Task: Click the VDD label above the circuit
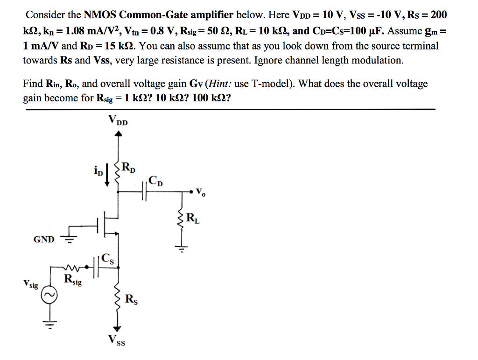(x=118, y=120)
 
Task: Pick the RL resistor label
(x=192, y=218)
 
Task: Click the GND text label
(x=44, y=240)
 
